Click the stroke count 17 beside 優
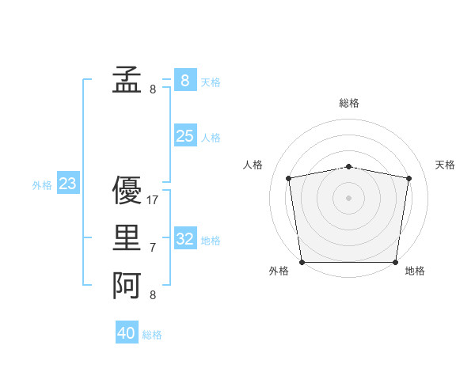click(153, 200)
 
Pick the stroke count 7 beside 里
click(153, 249)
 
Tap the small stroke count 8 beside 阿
click(153, 295)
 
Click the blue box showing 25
click(185, 136)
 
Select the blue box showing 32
click(185, 239)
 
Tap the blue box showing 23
click(68, 184)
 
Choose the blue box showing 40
click(127, 333)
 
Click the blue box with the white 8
click(185, 80)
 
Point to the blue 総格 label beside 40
click(152, 335)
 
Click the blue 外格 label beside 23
click(42, 185)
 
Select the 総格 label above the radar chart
click(349, 103)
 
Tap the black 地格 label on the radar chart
click(415, 271)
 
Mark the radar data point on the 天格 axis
click(408, 178)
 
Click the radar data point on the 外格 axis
click(302, 262)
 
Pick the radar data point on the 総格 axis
click(349, 166)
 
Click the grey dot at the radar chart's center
click(349, 198)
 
